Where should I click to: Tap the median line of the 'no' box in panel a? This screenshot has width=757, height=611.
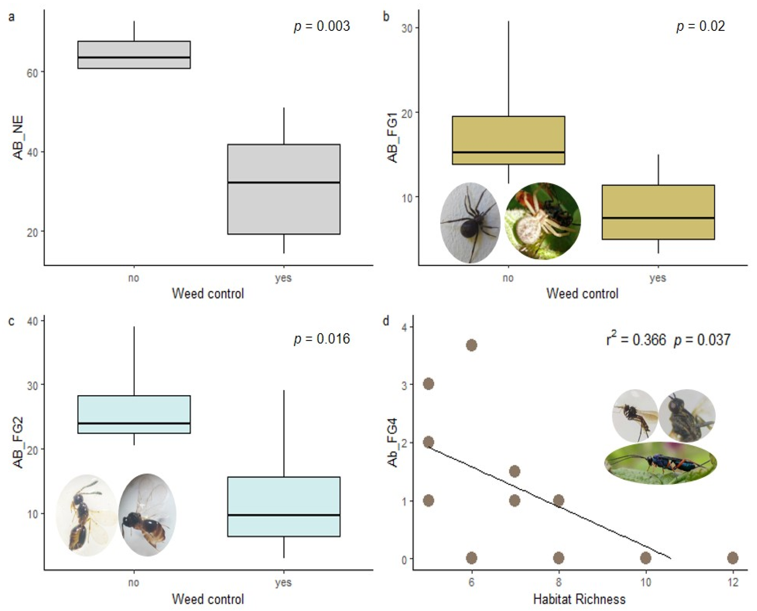point(134,57)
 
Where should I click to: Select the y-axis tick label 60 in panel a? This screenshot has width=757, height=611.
point(32,73)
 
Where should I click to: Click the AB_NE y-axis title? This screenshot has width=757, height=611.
point(18,138)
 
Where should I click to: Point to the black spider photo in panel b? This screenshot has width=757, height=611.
point(470,223)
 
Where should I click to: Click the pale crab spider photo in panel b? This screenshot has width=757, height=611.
point(543,221)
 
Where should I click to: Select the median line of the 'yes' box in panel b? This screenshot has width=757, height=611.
point(658,218)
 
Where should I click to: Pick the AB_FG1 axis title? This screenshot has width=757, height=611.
point(392,138)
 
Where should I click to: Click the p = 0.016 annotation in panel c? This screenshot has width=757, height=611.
point(322,339)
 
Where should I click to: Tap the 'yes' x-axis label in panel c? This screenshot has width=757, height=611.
point(284,583)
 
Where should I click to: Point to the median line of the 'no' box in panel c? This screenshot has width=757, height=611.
point(134,423)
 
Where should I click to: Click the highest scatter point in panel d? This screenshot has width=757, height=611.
point(471,345)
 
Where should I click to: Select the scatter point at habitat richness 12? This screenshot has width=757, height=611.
point(733,558)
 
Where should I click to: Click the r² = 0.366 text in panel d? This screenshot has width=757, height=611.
point(636,340)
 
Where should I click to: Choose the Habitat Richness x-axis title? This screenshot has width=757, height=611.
point(579,599)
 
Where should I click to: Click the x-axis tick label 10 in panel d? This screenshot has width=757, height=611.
point(645,583)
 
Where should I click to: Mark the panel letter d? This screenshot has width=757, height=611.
point(386,321)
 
